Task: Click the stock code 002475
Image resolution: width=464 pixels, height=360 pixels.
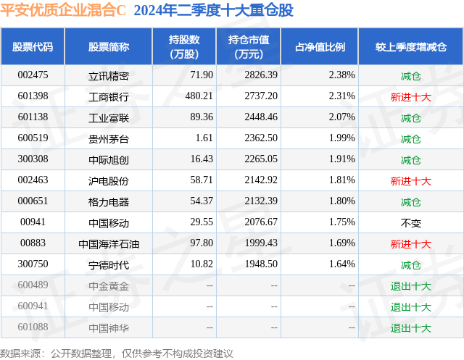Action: pos(33,75)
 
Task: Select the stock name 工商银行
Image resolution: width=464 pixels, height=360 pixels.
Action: pos(109,97)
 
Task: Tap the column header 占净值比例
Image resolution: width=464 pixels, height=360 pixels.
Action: pos(320,47)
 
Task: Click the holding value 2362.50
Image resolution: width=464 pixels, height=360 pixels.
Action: pos(261,138)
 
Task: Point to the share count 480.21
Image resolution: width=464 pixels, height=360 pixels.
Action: pos(199,96)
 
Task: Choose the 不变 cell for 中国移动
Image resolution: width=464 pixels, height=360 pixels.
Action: pos(411,223)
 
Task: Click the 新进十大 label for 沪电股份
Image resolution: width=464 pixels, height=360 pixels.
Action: pos(411,181)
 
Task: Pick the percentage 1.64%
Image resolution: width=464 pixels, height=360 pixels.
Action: pos(341,264)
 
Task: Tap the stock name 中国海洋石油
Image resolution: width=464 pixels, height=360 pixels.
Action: pos(109,244)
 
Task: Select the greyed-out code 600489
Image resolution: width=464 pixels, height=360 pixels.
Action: pos(33,285)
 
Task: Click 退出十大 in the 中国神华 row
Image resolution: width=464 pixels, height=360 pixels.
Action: pos(411,328)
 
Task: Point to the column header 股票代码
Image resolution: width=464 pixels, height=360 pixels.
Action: pos(33,47)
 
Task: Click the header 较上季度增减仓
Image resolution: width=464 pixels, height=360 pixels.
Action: pos(411,47)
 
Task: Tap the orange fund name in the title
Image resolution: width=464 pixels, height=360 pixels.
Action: pos(63,10)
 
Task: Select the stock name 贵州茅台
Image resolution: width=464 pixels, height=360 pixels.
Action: pos(109,139)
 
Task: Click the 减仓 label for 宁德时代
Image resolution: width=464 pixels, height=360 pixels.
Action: pos(411,265)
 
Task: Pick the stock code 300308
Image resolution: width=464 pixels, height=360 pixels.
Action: pos(33,159)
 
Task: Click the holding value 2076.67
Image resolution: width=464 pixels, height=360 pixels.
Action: pos(261,222)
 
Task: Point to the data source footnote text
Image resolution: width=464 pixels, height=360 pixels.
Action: pos(117,353)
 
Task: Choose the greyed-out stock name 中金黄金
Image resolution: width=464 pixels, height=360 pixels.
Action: pos(109,286)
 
